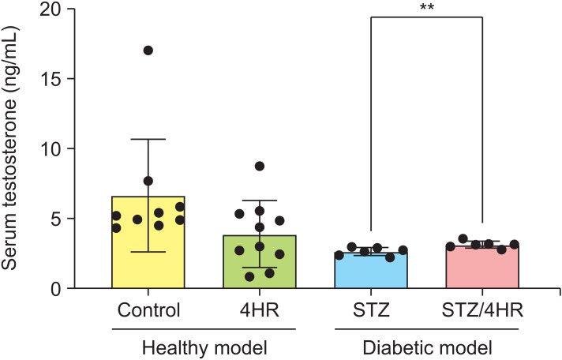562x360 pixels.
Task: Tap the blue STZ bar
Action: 370,272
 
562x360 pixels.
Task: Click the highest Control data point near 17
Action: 148,51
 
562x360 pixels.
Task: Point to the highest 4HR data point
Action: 259,167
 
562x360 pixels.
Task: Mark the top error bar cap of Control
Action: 148,139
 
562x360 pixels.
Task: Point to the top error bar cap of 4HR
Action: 259,201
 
